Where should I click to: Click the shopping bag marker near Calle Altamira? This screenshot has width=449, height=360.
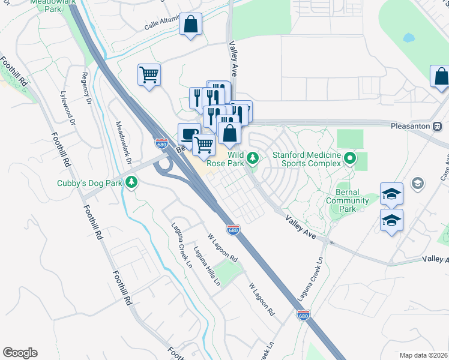[x=190, y=25]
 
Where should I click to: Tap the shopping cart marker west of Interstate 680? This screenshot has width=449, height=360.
[x=149, y=76]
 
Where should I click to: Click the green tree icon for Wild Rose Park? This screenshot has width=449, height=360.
[x=253, y=158]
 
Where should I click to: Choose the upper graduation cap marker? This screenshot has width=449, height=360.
[x=391, y=194]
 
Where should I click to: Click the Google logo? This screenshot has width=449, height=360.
[x=20, y=353]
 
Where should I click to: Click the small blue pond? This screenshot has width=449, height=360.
[x=409, y=38]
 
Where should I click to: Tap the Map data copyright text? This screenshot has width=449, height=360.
[x=423, y=355]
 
